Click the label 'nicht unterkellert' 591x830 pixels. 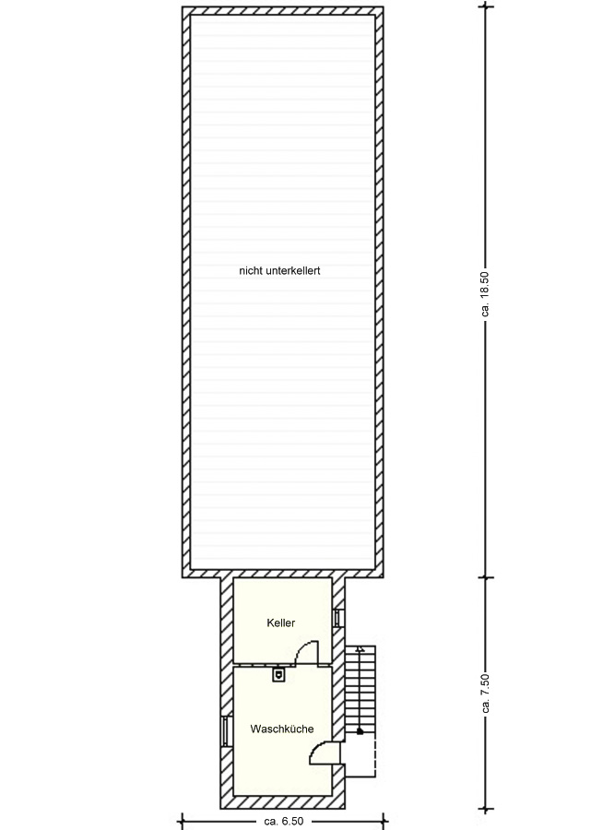[x=279, y=271]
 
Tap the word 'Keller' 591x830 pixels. [x=281, y=623]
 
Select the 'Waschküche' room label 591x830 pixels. [x=282, y=729]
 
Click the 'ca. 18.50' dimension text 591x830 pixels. [x=486, y=294]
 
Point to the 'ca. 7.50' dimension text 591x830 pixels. [x=486, y=693]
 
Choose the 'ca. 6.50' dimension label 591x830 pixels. [x=284, y=821]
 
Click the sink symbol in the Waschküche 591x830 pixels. [x=278, y=674]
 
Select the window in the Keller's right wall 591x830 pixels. [x=337, y=617]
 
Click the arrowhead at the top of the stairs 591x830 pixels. [x=361, y=648]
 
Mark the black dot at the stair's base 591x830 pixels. [x=361, y=731]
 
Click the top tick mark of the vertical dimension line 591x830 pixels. [x=486, y=6]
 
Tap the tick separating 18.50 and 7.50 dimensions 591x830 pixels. [x=486, y=577]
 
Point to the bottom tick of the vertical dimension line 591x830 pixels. [x=486, y=809]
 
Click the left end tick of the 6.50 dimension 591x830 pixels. [x=183, y=821]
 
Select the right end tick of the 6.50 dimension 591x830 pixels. [x=384, y=821]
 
